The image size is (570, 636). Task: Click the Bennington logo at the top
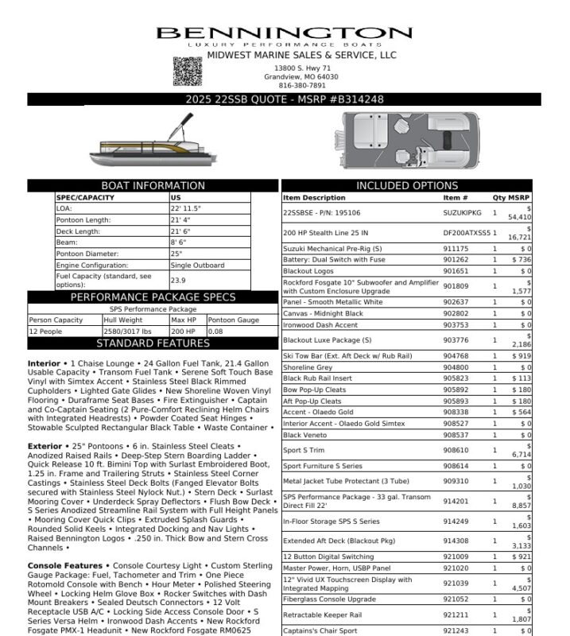(x=284, y=36)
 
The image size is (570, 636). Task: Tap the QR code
(x=188, y=71)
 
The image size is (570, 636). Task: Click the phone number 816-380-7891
(x=302, y=85)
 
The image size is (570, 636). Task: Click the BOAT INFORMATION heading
(x=153, y=186)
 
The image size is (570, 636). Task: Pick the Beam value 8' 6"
(x=180, y=242)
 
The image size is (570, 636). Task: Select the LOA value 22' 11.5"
(x=186, y=208)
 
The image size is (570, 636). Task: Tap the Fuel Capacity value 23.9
(x=179, y=281)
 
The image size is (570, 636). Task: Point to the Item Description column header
(x=314, y=197)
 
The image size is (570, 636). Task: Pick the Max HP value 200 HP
(x=184, y=332)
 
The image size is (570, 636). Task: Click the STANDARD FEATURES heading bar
(x=153, y=343)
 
